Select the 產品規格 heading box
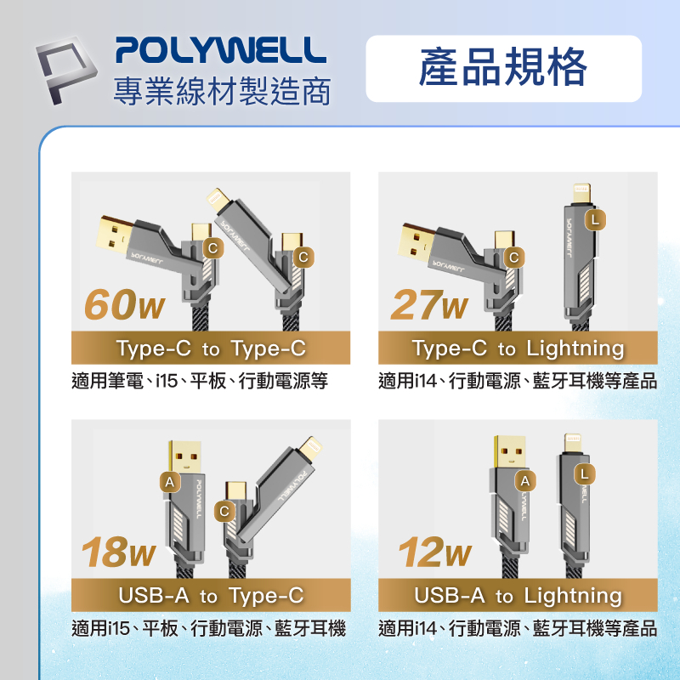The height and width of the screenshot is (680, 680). (x=503, y=69)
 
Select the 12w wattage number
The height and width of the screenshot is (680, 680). (x=434, y=553)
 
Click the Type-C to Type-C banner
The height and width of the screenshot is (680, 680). (x=211, y=348)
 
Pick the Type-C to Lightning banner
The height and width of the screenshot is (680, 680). (x=518, y=348)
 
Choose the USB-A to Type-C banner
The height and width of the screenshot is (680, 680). (x=211, y=596)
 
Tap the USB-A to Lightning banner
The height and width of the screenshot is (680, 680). (x=518, y=596)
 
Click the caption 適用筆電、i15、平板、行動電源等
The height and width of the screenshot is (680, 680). (x=200, y=381)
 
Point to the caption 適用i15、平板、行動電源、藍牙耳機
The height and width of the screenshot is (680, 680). (x=209, y=629)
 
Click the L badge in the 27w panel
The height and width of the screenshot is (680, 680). (x=597, y=219)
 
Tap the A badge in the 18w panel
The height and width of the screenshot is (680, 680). (x=170, y=482)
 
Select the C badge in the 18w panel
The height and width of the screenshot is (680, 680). (x=224, y=511)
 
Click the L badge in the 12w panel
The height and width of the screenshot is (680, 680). (x=584, y=473)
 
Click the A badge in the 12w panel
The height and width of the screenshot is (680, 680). (x=527, y=482)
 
